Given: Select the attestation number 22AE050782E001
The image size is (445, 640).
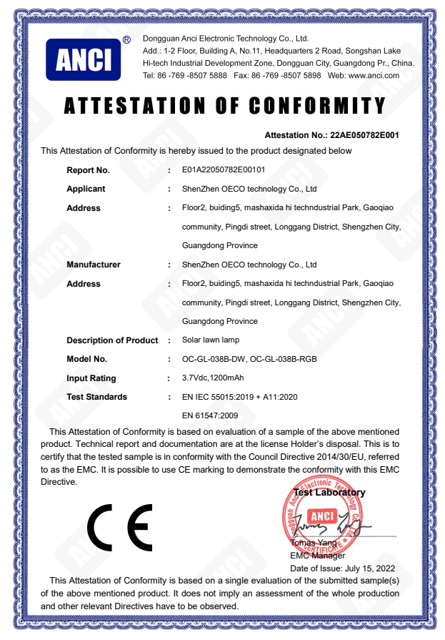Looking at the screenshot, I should click(x=364, y=135).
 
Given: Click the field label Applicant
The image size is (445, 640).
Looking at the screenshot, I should click(x=86, y=189).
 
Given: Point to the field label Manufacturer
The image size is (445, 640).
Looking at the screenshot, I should click(x=94, y=265).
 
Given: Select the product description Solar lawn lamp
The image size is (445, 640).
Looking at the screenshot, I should click(x=211, y=340).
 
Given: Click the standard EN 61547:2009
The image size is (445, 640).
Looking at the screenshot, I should click(x=211, y=415).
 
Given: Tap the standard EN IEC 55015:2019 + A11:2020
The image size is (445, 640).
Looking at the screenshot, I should click(x=239, y=397).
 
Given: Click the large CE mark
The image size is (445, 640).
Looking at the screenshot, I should click(x=120, y=528).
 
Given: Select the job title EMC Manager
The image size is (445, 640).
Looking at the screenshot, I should click(x=317, y=556).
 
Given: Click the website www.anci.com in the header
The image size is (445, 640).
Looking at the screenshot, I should click(x=376, y=75).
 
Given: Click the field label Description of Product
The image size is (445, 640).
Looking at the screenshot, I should click(x=112, y=340).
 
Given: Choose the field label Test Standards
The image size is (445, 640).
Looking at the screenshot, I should click(x=96, y=397).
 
